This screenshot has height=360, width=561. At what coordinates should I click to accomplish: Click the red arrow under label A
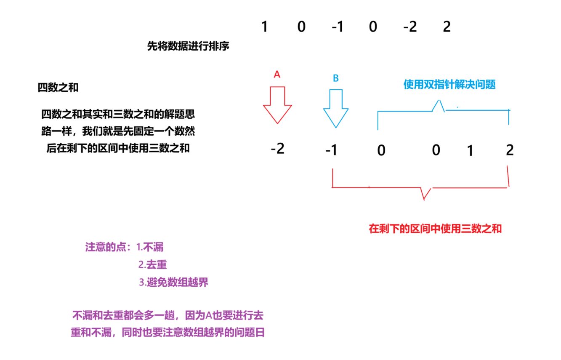(277, 105)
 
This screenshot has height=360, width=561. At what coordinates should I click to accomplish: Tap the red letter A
(277, 75)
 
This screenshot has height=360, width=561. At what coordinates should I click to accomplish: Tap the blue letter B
(335, 78)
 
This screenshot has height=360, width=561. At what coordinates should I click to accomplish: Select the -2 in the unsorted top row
(409, 27)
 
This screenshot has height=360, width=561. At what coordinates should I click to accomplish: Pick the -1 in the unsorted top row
(337, 27)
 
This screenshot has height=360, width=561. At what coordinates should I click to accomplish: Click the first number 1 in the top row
(264, 27)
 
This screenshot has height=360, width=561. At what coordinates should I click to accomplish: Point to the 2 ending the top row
(447, 27)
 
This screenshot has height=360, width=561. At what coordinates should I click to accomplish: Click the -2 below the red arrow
(278, 148)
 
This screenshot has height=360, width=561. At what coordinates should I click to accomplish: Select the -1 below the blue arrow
(332, 150)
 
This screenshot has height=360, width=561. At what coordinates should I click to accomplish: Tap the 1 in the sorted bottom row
(470, 151)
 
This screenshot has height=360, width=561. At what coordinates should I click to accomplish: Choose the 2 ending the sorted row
(510, 149)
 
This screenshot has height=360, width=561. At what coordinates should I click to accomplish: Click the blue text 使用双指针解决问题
(449, 85)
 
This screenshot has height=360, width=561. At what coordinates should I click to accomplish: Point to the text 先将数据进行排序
(188, 46)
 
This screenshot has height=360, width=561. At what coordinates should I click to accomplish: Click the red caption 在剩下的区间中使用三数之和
(435, 229)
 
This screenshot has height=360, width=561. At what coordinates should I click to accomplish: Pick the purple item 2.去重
(152, 265)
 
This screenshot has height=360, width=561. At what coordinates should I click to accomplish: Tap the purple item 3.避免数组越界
(173, 283)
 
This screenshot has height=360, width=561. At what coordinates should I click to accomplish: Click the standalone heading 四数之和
(58, 88)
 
